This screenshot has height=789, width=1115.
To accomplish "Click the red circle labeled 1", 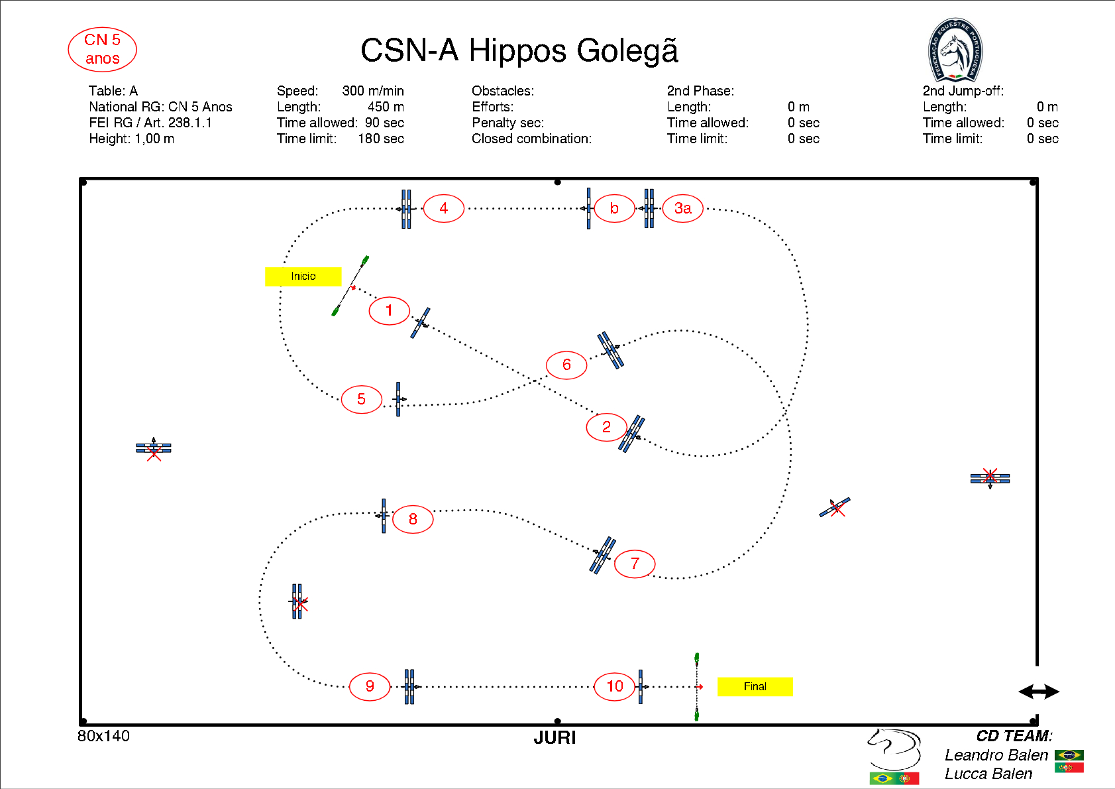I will [389, 310].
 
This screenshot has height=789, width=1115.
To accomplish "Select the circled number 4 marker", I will [443, 208].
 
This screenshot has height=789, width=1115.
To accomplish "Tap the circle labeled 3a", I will [682, 208].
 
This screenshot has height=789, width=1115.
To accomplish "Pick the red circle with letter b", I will [614, 208].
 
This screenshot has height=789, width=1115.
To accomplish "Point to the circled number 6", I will [566, 365].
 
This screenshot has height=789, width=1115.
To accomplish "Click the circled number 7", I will [635, 564].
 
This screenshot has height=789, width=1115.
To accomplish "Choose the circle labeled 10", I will [615, 686].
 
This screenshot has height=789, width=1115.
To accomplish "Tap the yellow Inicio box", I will [303, 276].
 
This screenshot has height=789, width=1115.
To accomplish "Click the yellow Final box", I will [755, 686].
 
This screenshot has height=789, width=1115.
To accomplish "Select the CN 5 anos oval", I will [102, 49].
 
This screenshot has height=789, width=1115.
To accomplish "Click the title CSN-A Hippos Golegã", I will [519, 50].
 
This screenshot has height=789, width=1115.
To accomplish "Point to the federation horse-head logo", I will [955, 50].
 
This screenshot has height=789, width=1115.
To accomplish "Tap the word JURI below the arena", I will [555, 738].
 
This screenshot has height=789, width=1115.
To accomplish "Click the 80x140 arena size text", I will [103, 736].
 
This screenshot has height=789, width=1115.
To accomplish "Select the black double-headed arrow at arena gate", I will [1038, 692].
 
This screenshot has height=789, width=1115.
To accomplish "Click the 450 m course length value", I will [386, 107].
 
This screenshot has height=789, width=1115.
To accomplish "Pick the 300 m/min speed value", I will [373, 91].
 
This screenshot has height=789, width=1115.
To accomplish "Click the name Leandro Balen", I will [996, 755].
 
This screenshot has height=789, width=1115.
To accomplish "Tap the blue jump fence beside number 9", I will [409, 686].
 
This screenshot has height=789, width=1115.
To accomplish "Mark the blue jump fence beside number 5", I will [398, 399].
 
